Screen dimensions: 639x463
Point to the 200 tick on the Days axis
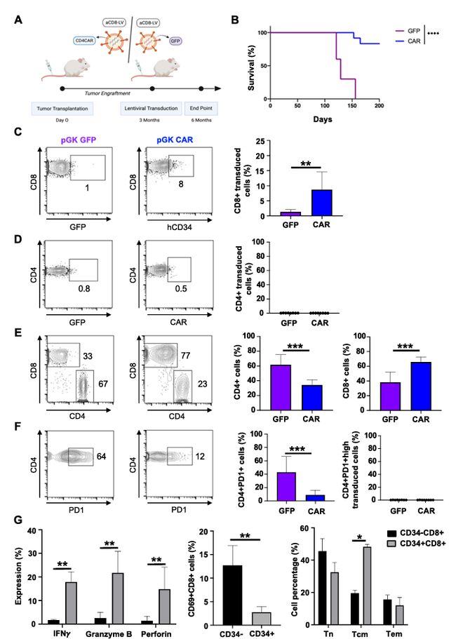pyautogui.click(x=380, y=106)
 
